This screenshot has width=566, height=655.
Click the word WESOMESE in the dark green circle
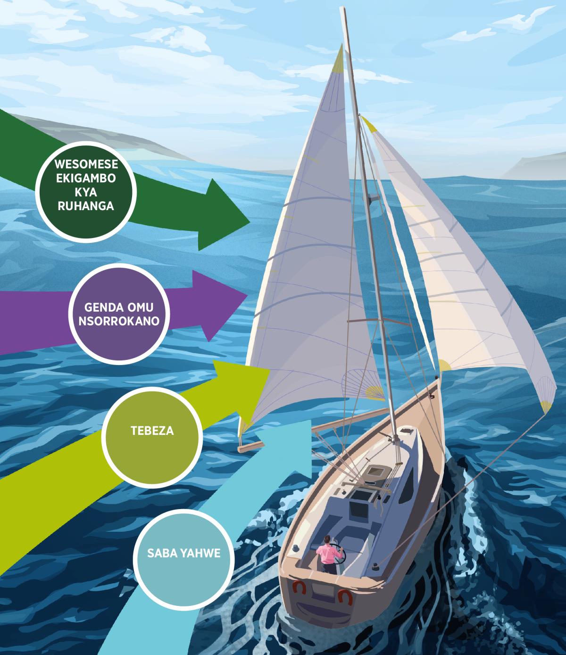pyautogui.click(x=86, y=164)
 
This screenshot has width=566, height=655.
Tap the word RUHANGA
pyautogui.click(x=86, y=206)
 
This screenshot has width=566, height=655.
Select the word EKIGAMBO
pyautogui.click(x=86, y=178)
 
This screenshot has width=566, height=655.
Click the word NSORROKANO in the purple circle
pyautogui.click(x=119, y=321)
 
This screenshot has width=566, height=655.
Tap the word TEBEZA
pyautogui.click(x=152, y=431)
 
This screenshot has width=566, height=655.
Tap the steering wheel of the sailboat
pyautogui.click(x=339, y=553)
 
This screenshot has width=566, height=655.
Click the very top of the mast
pyautogui.click(x=342, y=8)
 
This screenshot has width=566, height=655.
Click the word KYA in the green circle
pyautogui.click(x=86, y=192)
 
